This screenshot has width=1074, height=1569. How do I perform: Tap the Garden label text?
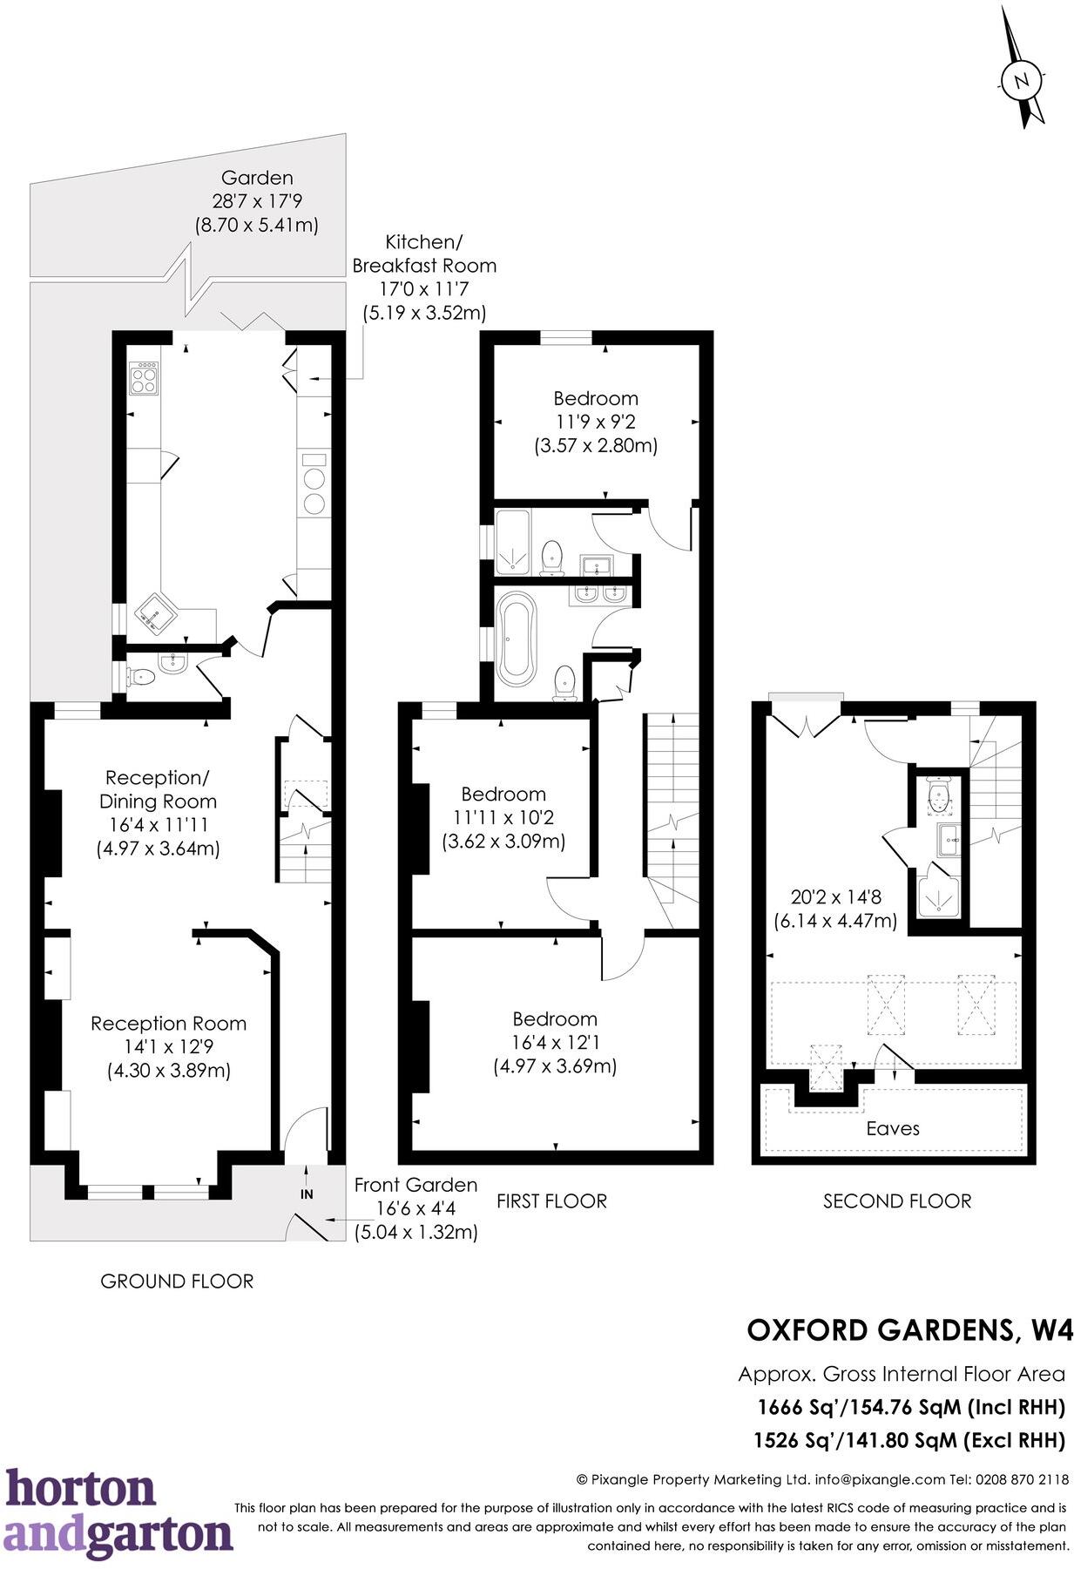coord(256,178)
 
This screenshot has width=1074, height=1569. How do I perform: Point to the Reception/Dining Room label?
coord(158,788)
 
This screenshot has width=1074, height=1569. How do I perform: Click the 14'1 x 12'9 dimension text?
coord(168,1046)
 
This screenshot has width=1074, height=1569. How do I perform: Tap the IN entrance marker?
coord(307,1194)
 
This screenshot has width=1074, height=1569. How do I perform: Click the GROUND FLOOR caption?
coord(177,1281)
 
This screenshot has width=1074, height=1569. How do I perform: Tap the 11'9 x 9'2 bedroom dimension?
coord(595,422)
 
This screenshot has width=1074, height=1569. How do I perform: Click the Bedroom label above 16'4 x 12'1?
coord(554,1018)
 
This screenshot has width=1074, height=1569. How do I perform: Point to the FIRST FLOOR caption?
coord(551,1200)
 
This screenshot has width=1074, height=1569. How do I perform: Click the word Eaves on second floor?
coord(892,1128)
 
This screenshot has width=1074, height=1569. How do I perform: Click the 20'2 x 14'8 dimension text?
coord(834,896)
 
